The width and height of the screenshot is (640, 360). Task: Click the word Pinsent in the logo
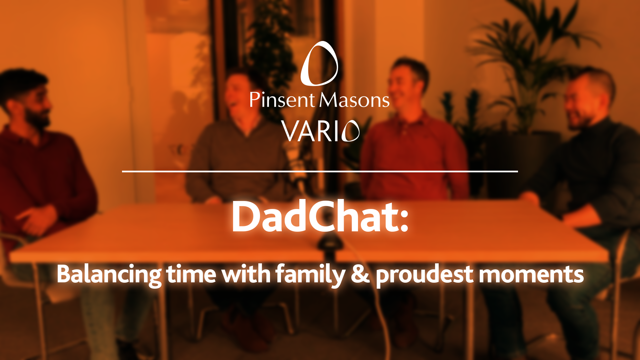pos(282,100)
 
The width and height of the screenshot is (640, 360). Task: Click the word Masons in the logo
pos(355,100)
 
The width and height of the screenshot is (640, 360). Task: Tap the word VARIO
pos(320,131)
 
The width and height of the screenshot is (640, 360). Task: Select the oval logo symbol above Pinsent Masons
pos(319,63)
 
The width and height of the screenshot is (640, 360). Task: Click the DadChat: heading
pos(320,217)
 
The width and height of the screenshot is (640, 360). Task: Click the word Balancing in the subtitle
pos(109,275)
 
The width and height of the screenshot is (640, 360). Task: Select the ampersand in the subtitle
pos(360,274)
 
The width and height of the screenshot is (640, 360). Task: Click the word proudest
pos(424,275)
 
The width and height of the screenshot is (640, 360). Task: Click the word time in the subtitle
pos(191,274)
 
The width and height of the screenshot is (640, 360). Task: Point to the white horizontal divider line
pos(320,171)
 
